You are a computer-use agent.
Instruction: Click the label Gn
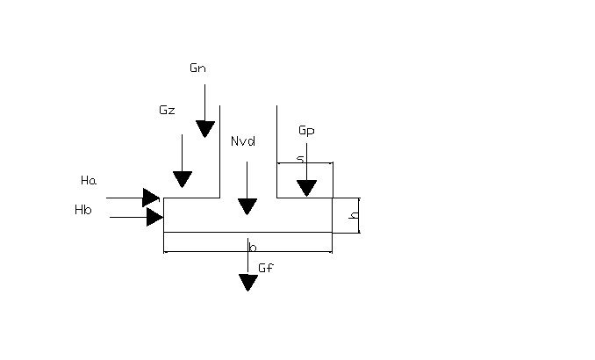coord(197,68)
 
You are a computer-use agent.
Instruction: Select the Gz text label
coord(167,111)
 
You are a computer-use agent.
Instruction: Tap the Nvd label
coord(243,141)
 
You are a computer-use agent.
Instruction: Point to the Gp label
coord(306,131)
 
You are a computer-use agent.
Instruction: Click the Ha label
coord(88,181)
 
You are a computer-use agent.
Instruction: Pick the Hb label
coord(83,211)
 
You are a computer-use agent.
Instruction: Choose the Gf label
coord(268,267)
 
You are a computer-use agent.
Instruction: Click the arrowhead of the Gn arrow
coord(204,129)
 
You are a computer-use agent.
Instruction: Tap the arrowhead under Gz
coord(183,179)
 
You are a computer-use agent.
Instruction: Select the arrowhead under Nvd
coord(247,206)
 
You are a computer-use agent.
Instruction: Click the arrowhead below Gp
coord(306,188)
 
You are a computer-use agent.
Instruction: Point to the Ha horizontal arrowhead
coord(151,198)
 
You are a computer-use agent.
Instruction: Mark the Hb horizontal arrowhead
coord(154,216)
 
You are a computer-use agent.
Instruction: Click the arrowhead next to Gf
coord(248,282)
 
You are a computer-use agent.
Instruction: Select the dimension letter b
coord(253,248)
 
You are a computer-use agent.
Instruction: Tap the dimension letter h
coord(353,215)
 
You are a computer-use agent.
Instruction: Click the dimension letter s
coord(299,159)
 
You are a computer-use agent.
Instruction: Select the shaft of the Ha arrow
coord(124,198)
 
